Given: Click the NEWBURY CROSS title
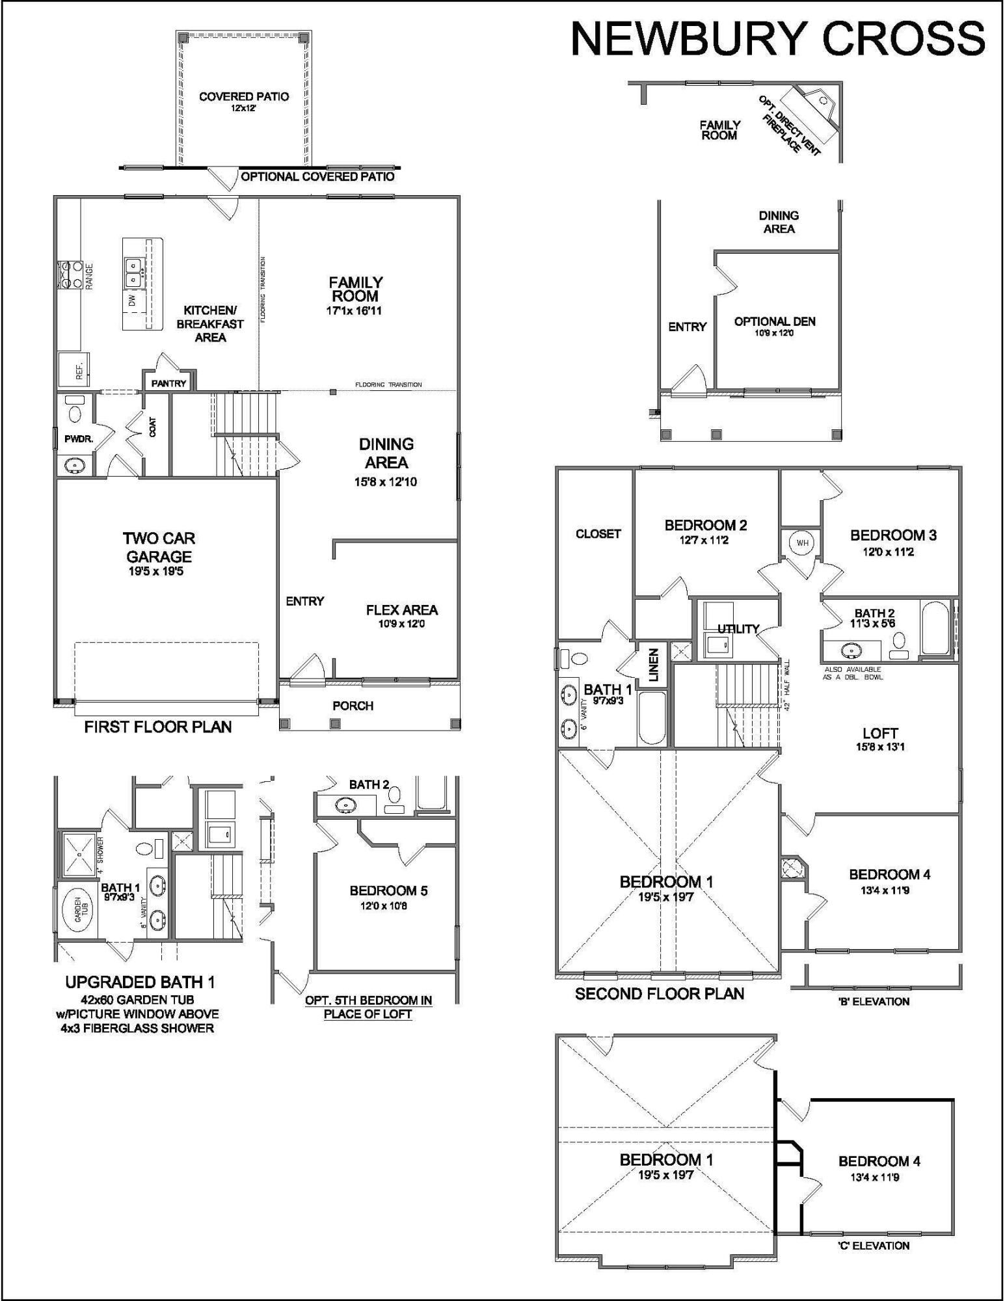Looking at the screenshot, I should (x=777, y=39).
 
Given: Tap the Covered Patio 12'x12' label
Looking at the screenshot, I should (x=244, y=101).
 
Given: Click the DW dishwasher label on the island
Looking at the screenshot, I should (x=132, y=301).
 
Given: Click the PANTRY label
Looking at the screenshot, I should (x=168, y=384).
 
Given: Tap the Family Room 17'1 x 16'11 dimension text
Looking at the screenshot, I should (x=355, y=311).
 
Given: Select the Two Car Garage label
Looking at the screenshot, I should (x=159, y=548).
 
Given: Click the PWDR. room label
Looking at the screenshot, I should (x=79, y=439).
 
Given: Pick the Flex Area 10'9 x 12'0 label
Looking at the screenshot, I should (x=401, y=615).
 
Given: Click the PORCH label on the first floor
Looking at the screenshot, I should (x=353, y=706).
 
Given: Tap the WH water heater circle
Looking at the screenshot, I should (x=801, y=543).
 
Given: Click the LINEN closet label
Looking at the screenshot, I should (x=654, y=665).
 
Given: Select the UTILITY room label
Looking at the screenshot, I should (x=738, y=628).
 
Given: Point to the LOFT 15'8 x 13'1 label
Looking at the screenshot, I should (x=879, y=739).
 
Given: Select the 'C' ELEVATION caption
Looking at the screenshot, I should (x=874, y=1246).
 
